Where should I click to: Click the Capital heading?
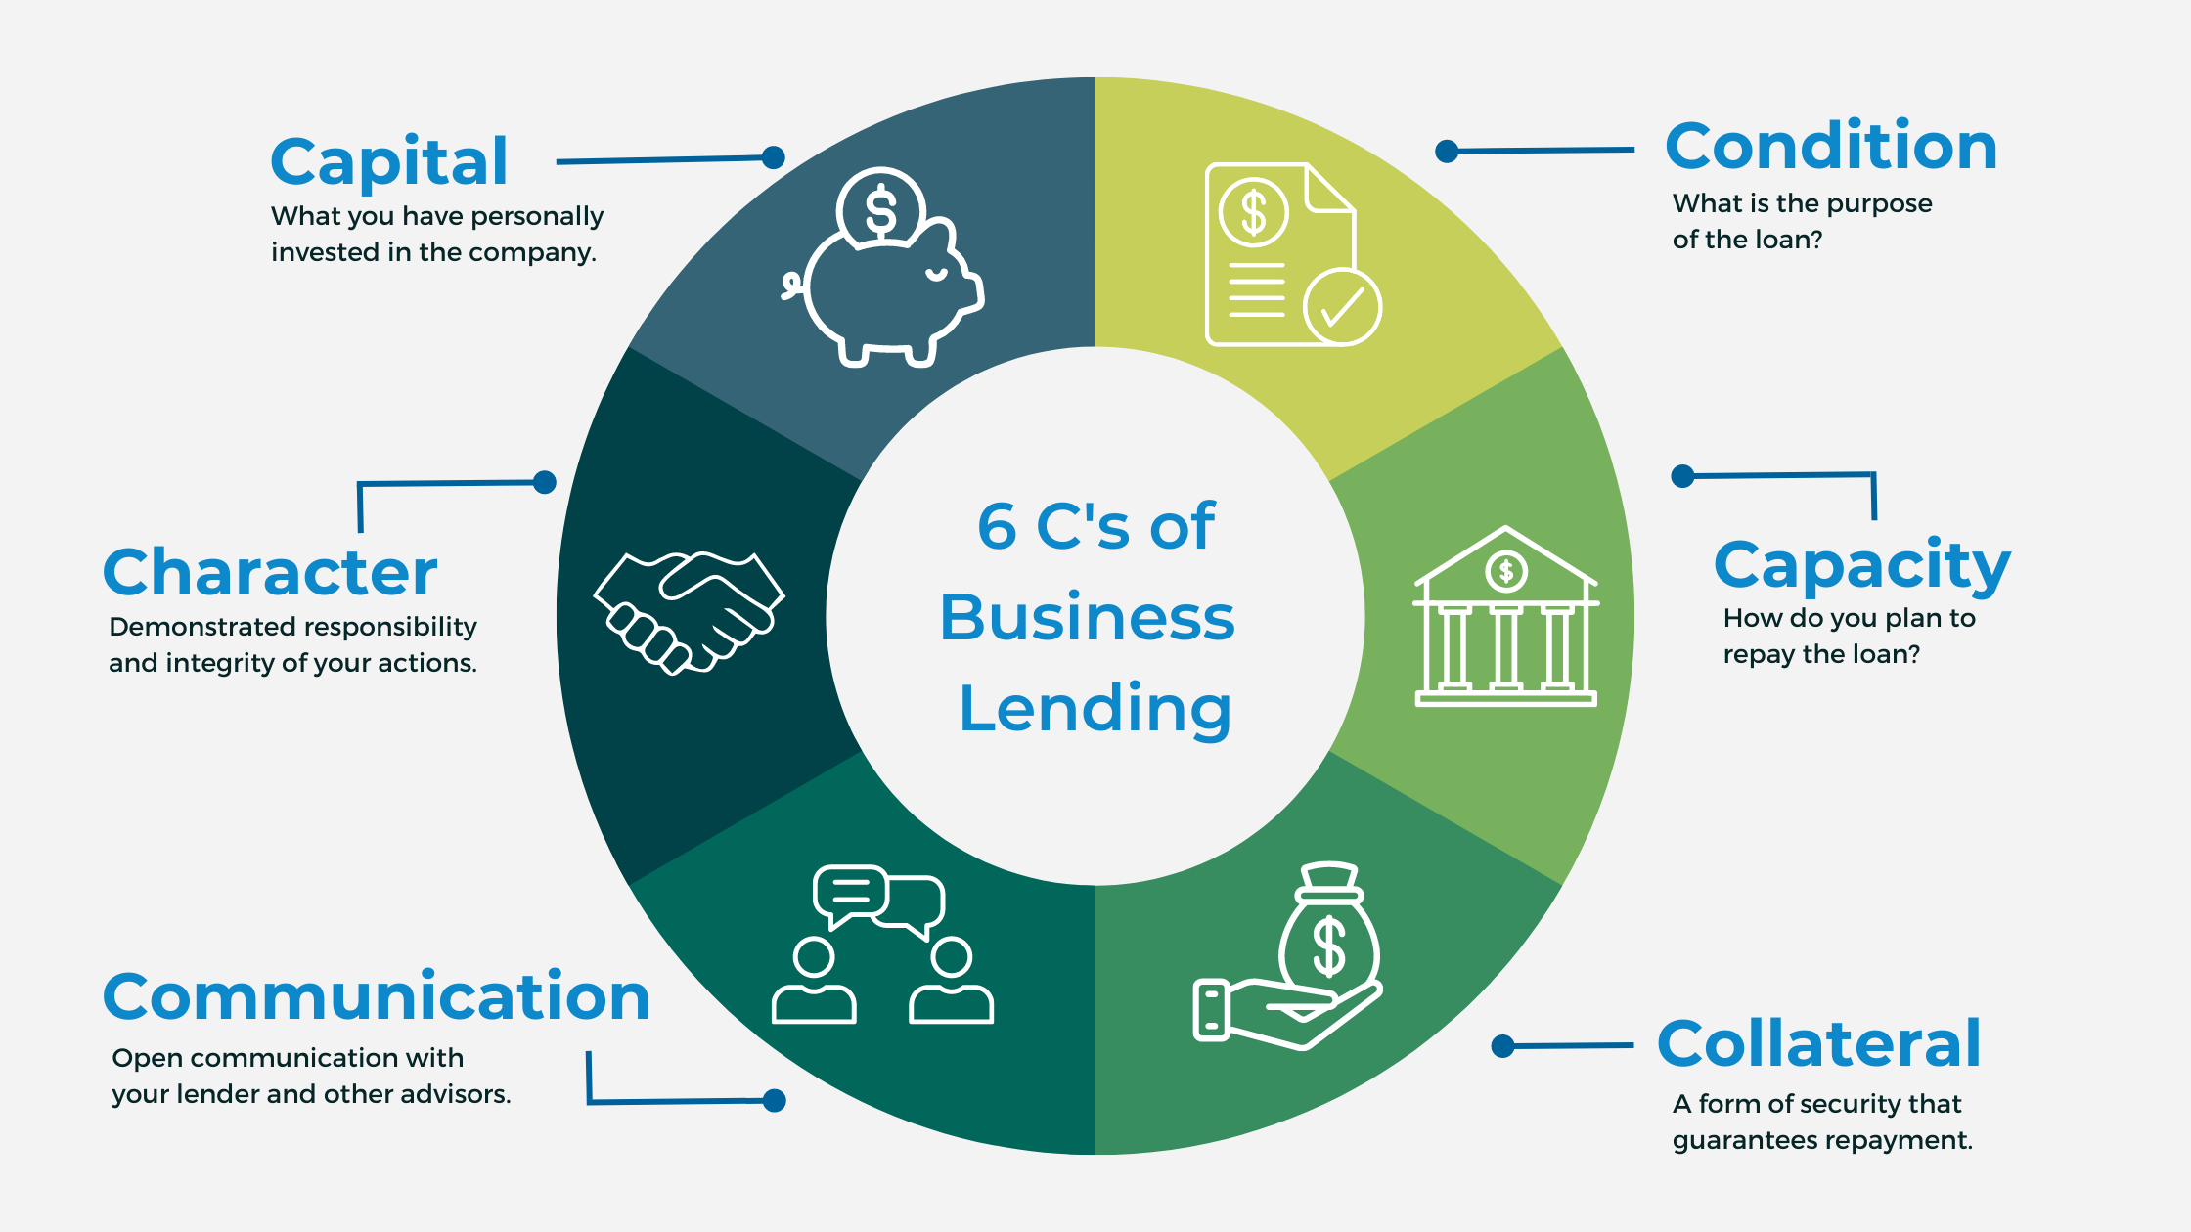389,162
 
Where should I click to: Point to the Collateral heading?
1818,1044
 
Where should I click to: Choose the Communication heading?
377,997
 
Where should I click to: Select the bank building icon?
1505,617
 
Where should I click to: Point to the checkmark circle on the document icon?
1342,307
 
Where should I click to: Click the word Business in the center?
1088,618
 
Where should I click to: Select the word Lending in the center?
1095,709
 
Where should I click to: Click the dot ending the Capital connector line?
774,157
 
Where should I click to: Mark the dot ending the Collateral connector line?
1503,1046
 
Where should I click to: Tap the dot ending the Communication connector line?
774,1101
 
